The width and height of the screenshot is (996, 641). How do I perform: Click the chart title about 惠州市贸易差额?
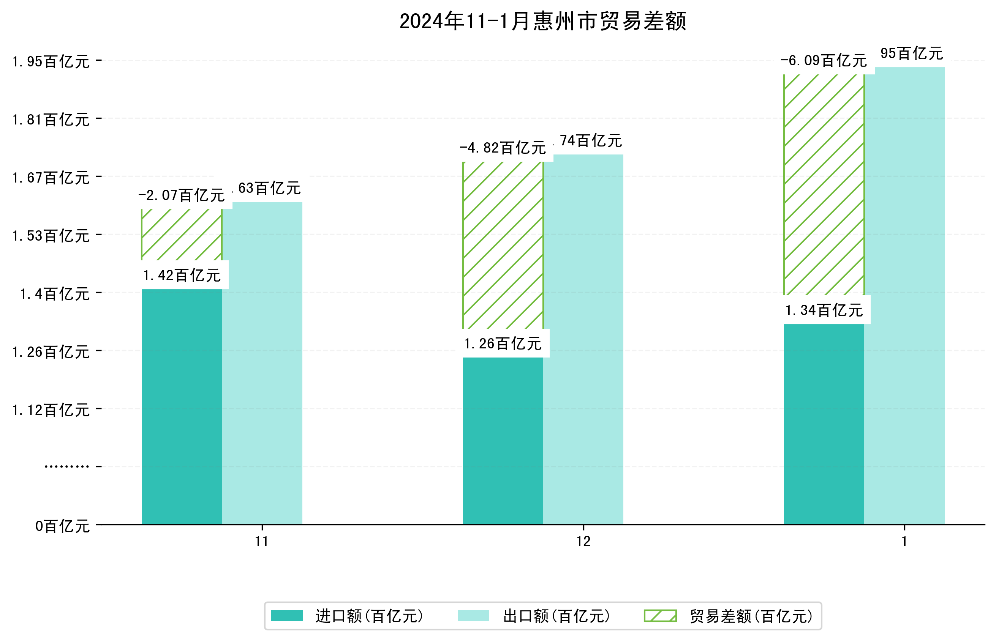point(542,21)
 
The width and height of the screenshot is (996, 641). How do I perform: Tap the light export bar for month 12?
point(583,339)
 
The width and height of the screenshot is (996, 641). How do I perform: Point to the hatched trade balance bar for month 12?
point(503,245)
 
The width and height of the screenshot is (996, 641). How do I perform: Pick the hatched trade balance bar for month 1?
point(824,184)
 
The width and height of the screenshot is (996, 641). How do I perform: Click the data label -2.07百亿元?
point(182,195)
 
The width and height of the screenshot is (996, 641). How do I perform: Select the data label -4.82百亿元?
point(503,148)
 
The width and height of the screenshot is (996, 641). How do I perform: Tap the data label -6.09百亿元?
point(824,61)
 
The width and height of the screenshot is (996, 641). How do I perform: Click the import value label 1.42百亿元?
point(182,275)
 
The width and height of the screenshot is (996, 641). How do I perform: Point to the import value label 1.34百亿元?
point(824,310)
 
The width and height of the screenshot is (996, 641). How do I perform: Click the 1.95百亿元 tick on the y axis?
point(51,61)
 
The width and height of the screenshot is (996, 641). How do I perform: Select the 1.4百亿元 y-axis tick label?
point(55,294)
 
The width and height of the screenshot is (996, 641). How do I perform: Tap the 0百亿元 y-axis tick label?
point(62,526)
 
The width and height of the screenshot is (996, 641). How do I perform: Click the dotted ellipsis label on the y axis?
point(66,466)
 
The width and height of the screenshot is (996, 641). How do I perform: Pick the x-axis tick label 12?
point(583,542)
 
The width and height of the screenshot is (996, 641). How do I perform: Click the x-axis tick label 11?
point(262,542)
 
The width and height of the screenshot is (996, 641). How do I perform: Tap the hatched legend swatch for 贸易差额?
point(660,616)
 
